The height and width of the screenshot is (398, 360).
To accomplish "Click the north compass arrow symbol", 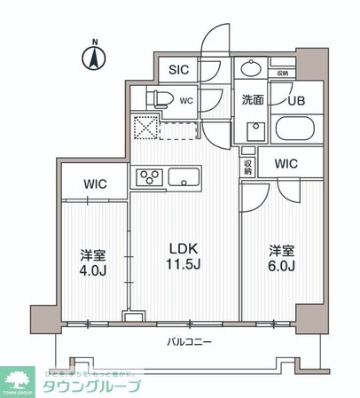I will point(93,59).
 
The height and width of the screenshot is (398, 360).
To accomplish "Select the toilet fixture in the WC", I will point(158,100).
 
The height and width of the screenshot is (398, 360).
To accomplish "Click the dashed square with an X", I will point(145,129).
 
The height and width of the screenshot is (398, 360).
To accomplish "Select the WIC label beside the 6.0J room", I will point(286,164).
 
